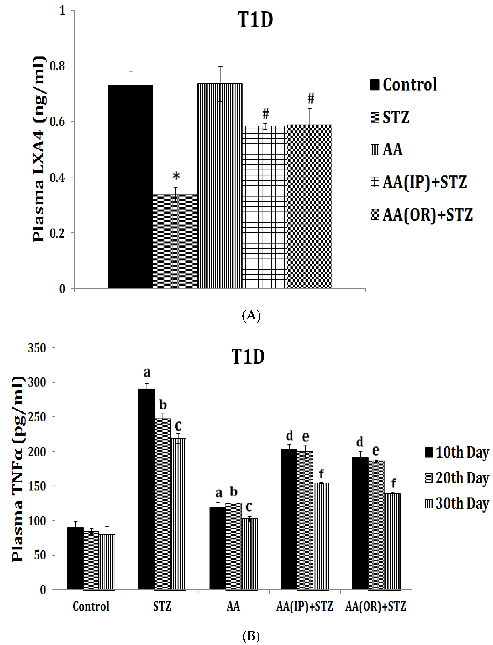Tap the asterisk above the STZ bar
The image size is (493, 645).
[176, 176]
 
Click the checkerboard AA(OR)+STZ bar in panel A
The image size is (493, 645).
[310, 206]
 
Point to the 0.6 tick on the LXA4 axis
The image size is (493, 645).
[57, 122]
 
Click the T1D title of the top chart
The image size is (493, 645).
[255, 21]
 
